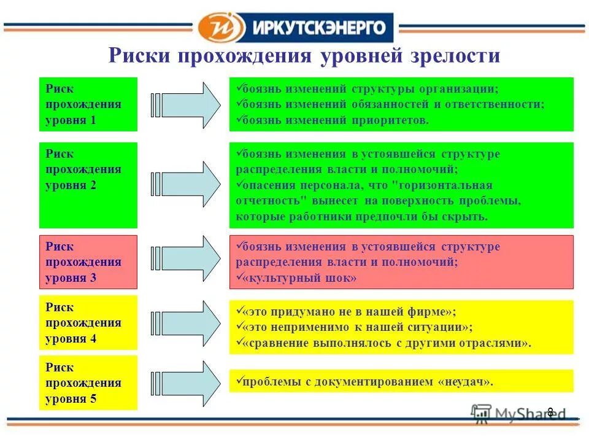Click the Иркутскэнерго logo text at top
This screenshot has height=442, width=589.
[x=317, y=28]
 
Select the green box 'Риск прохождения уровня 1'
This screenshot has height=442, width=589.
[x=88, y=104]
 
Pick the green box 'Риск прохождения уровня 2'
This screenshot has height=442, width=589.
[x=88, y=185]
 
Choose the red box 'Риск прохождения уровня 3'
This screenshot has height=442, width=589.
[x=88, y=262]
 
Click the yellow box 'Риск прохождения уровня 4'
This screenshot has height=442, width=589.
[x=88, y=323]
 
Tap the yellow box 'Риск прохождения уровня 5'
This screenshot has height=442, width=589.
[x=88, y=383]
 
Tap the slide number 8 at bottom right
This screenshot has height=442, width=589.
[x=550, y=412]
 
